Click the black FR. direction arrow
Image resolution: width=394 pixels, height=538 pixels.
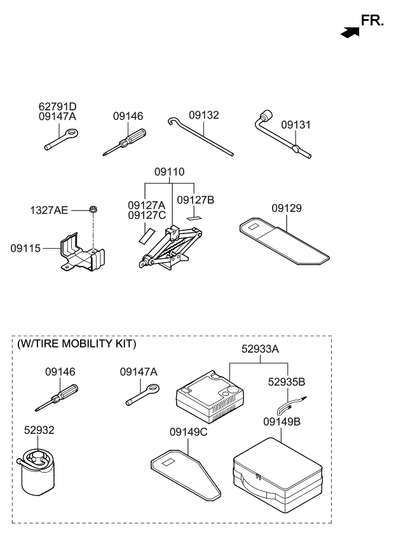click(x=350, y=32)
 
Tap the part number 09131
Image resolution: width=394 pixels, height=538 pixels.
click(x=296, y=125)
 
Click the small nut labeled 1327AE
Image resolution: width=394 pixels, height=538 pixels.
click(x=92, y=209)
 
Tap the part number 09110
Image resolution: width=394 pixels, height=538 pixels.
click(x=170, y=172)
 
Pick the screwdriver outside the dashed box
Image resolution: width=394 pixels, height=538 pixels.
click(x=125, y=141)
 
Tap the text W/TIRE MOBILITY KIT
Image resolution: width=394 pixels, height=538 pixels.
click(x=76, y=344)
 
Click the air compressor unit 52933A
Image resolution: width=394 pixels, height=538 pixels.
click(x=208, y=398)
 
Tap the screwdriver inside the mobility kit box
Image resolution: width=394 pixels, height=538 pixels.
click(x=57, y=397)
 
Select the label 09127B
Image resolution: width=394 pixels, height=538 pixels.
click(x=195, y=200)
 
